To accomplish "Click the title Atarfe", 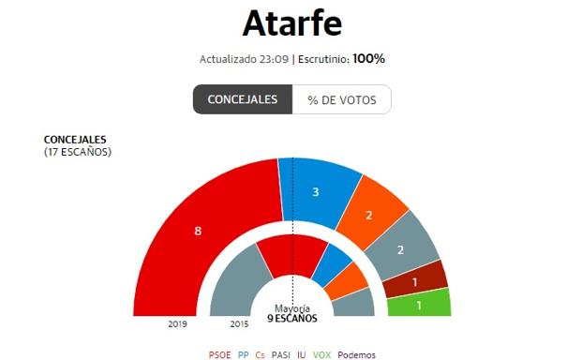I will coord(291,22).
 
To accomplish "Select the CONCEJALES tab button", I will coord(243,99).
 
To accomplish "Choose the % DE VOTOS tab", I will coord(341,99).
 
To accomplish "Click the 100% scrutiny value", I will coord(368,59).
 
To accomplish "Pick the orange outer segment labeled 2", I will coord(369,217).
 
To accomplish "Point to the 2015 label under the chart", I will coord(240,324).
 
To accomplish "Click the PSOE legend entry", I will coord(220,354).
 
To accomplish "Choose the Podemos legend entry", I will coord(357,354).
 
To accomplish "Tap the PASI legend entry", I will coord(280,354).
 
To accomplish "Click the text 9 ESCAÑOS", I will coord(292,318).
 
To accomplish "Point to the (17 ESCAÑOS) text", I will coord(78,151).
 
